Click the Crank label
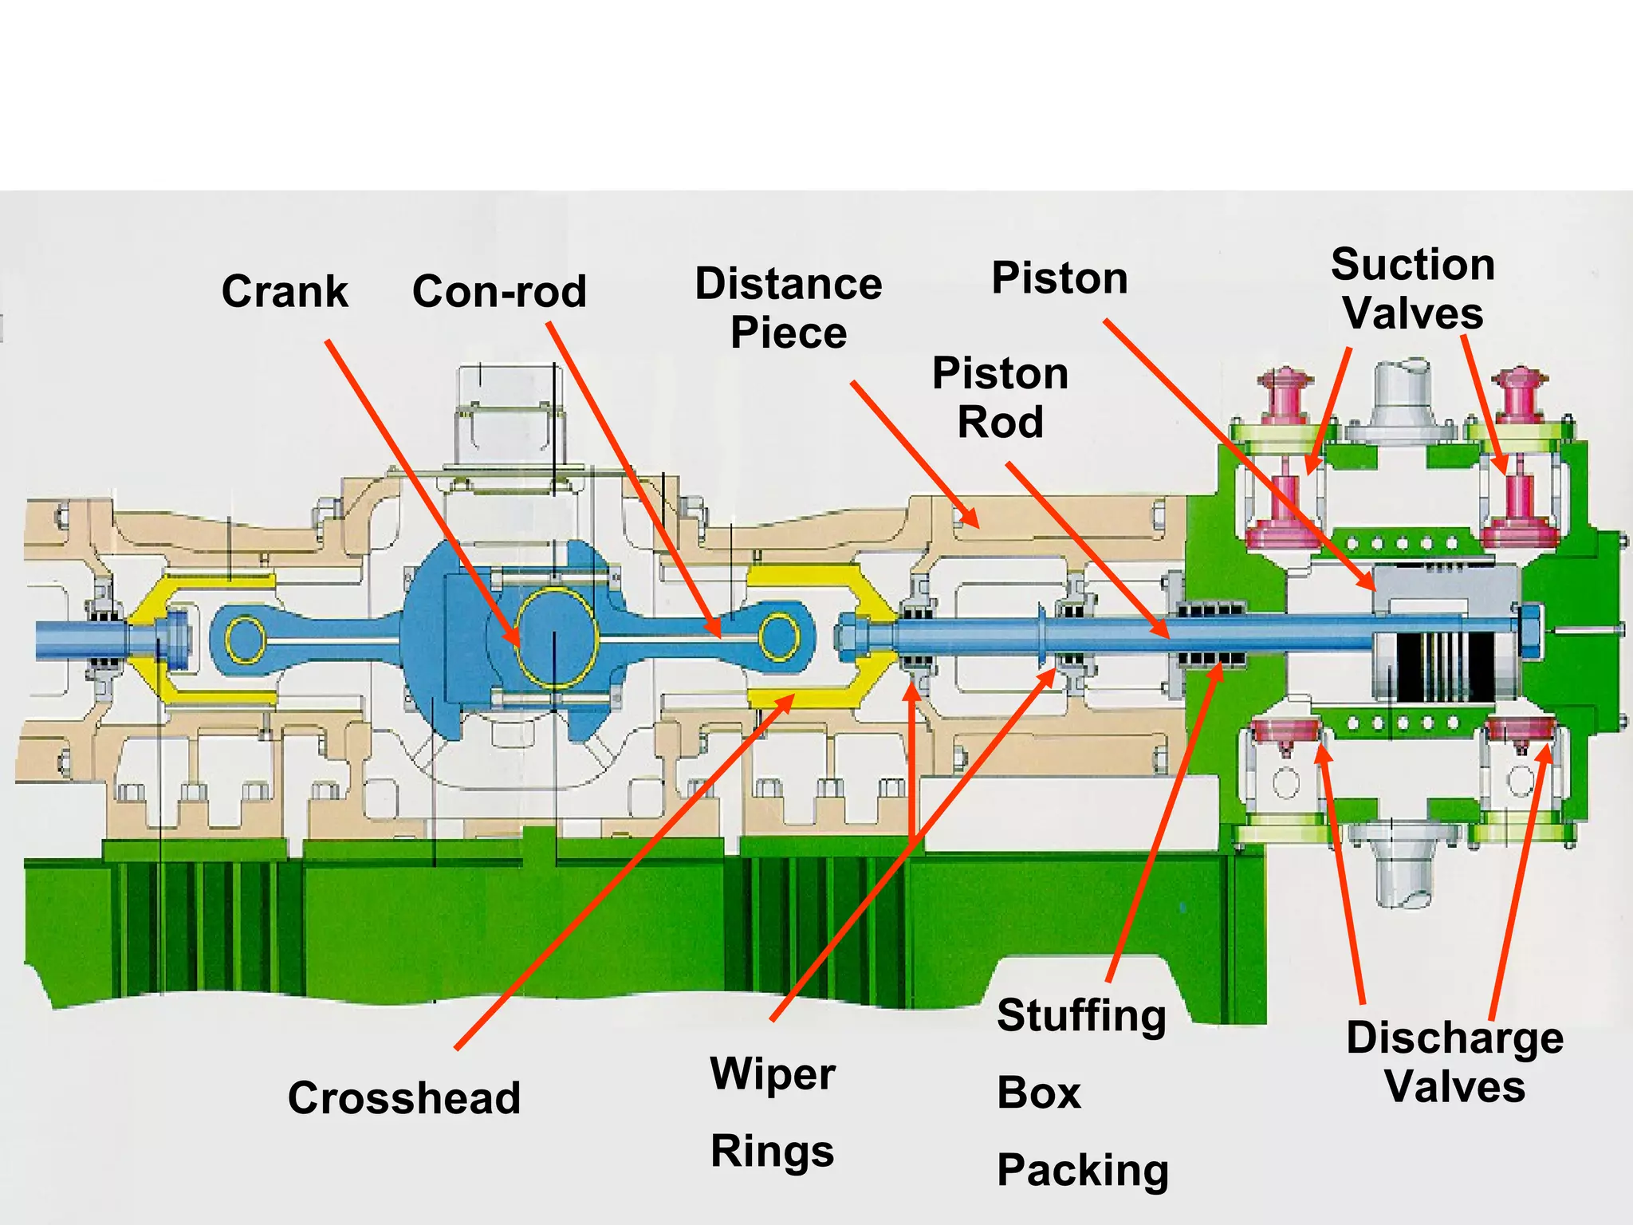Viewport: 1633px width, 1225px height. point(285,291)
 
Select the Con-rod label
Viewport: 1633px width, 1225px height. point(499,291)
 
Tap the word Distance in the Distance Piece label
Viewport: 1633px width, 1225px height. point(788,283)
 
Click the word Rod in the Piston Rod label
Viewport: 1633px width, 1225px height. point(1000,422)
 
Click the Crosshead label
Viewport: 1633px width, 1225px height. point(404,1098)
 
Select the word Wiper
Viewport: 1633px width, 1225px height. point(772,1073)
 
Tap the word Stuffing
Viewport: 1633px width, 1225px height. point(1081,1015)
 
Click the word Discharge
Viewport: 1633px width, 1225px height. point(1454,1038)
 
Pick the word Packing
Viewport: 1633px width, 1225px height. point(1083,1170)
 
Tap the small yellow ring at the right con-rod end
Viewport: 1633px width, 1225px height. point(779,637)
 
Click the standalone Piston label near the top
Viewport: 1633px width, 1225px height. point(1059,278)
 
